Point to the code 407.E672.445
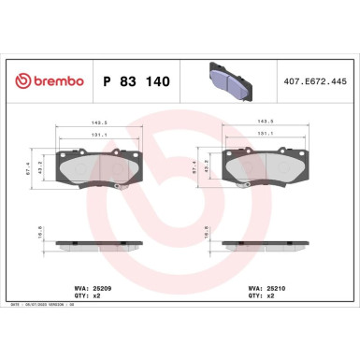[318, 82]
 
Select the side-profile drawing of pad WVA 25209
[98, 245]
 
